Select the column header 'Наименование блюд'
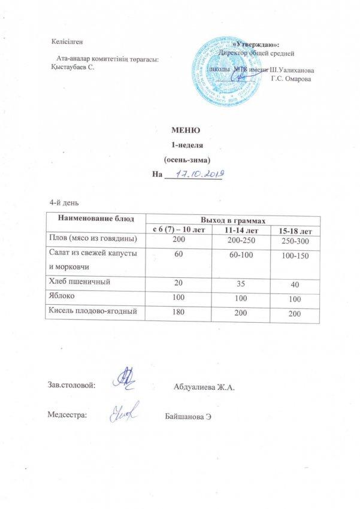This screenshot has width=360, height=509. click(96, 220)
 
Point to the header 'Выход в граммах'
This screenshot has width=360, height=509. click(234, 220)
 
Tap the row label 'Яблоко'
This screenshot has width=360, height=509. click(62, 296)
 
